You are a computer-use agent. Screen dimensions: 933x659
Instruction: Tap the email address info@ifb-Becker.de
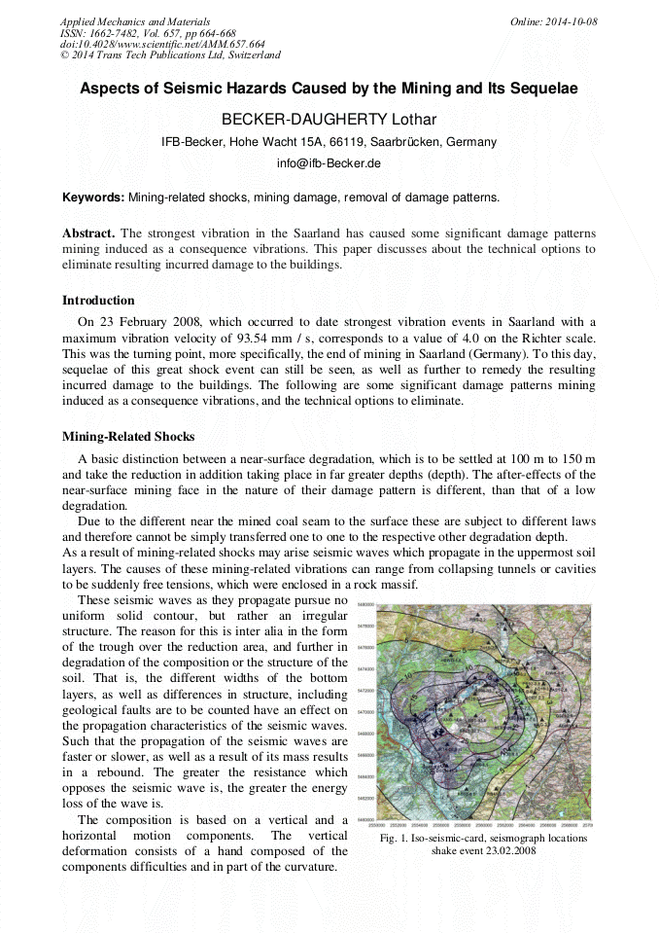tap(329, 163)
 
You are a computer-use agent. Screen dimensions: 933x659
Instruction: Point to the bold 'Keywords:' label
tap(93, 197)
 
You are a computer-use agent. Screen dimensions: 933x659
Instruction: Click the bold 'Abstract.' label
tap(88, 234)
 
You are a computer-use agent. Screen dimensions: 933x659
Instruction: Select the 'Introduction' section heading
tap(98, 301)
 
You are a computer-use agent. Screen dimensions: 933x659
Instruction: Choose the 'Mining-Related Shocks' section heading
tap(128, 437)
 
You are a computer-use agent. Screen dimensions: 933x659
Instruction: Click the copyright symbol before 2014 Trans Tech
tap(64, 56)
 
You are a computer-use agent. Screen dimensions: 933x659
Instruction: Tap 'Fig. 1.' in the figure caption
tap(397, 838)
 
